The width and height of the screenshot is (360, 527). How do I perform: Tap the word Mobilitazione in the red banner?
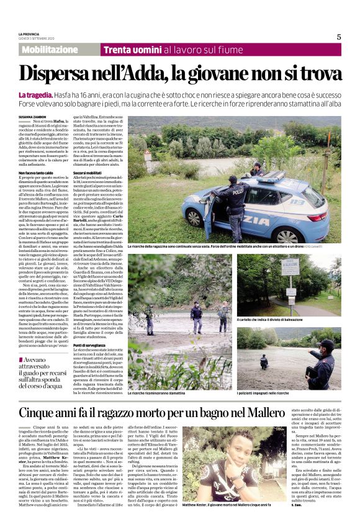[50, 50]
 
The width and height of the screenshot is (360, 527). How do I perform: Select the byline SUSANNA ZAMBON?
[33, 116]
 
